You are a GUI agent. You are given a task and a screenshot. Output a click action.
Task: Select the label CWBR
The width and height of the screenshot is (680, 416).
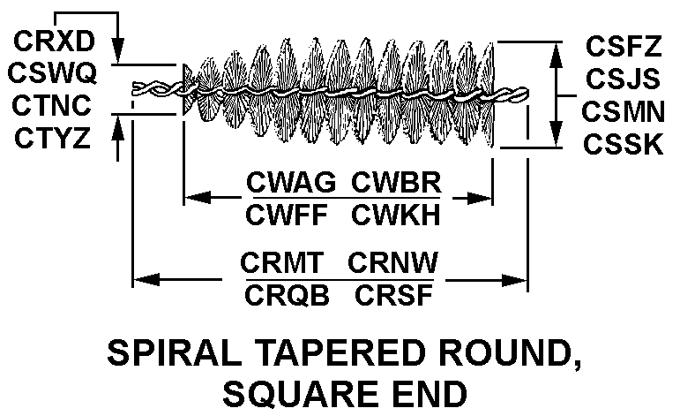point(396,183)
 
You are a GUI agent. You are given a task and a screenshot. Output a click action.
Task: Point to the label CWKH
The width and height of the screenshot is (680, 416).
point(396,215)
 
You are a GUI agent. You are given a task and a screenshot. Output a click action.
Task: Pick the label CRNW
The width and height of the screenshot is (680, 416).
point(394,263)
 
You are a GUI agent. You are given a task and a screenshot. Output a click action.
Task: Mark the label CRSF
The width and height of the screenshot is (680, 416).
point(394,295)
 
